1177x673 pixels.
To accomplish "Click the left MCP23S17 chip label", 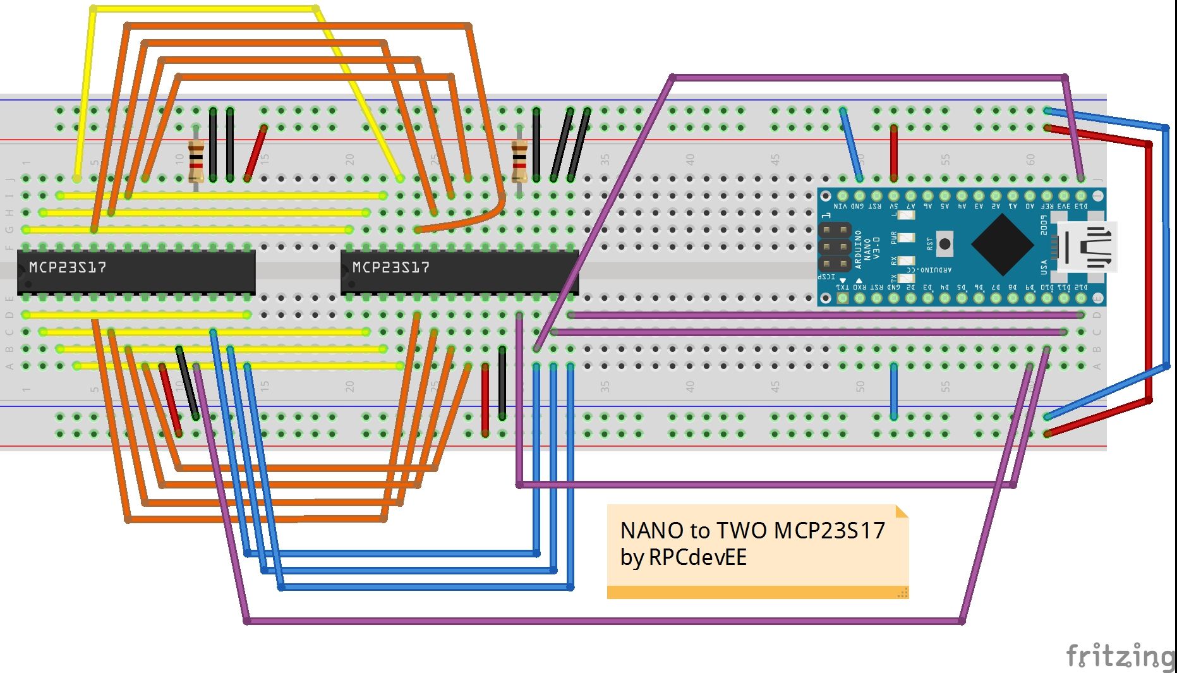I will (68, 267).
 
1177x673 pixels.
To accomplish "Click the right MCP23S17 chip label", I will (390, 267).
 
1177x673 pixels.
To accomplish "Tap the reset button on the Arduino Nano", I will (945, 244).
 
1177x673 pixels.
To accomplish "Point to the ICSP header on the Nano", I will (835, 247).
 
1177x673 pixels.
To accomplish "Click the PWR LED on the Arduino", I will (906, 238).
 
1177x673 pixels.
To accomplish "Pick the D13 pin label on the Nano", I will (1081, 206).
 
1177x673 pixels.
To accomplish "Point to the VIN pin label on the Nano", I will (840, 206).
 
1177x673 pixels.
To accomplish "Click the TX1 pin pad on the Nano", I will (842, 298).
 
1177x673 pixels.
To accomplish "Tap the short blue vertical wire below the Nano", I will (893, 391).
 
